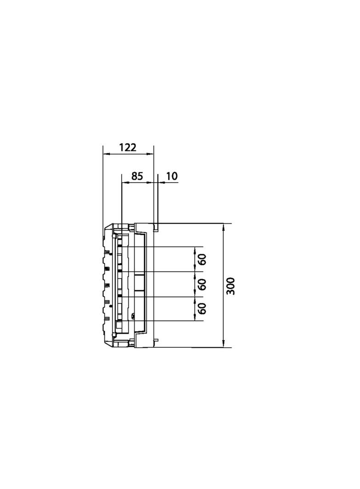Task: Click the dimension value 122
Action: pos(128,147)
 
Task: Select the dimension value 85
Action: pos(137,176)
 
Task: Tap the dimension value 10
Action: pos(171,176)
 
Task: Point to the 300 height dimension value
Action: pos(231,286)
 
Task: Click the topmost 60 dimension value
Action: pos(202,259)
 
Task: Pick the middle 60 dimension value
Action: pos(202,284)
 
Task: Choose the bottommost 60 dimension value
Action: pos(202,308)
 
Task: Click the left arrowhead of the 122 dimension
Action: pos(106,153)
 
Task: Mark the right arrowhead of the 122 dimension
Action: pos(151,153)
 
